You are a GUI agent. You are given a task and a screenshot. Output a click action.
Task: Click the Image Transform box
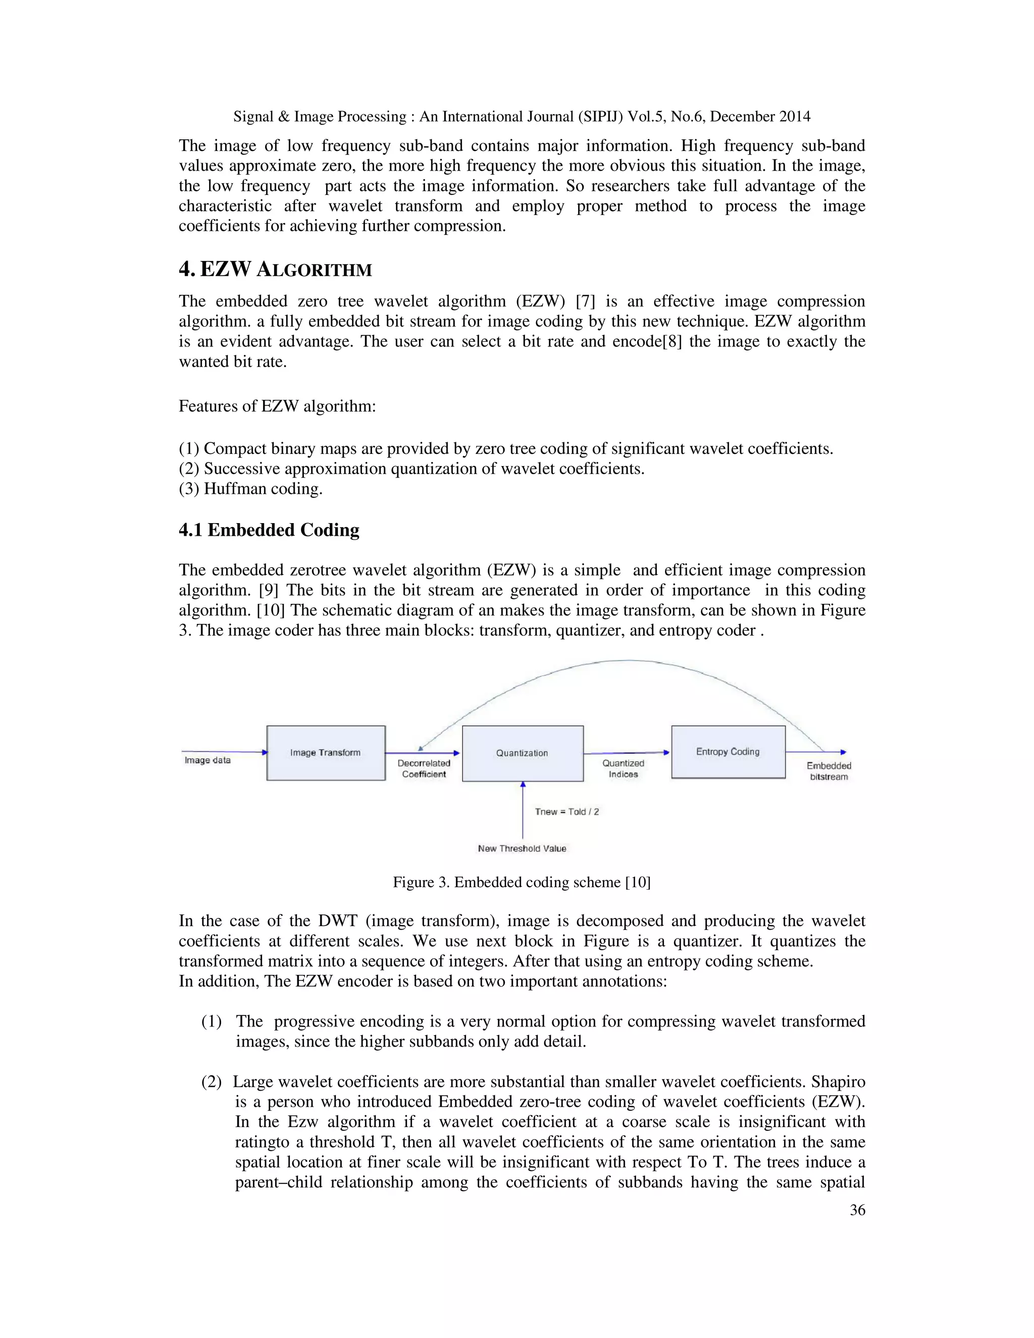[326, 753]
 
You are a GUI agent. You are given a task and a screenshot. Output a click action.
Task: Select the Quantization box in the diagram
[523, 753]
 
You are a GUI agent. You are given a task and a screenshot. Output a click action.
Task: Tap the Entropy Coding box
[728, 752]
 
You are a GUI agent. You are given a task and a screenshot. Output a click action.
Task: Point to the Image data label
[208, 760]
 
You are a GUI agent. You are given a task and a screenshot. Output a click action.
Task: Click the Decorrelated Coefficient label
[424, 769]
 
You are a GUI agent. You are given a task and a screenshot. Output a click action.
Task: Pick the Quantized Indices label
[623, 769]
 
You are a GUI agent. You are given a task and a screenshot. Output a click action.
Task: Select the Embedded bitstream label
[829, 771]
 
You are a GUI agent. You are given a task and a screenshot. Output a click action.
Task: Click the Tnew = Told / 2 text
[566, 812]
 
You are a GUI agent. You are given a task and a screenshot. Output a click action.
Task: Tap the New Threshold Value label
[522, 849]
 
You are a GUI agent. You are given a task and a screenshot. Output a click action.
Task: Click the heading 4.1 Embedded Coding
[269, 530]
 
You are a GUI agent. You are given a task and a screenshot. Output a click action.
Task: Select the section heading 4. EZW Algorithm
[276, 270]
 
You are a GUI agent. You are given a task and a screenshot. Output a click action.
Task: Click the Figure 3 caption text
[521, 882]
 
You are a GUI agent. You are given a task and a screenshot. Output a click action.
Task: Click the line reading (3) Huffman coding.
[250, 489]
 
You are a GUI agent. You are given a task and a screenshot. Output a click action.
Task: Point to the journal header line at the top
[521, 117]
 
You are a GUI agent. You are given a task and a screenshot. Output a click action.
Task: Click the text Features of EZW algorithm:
[277, 406]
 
